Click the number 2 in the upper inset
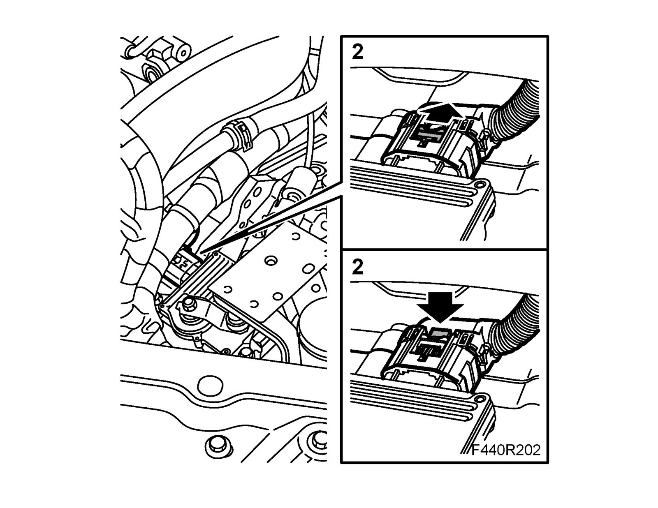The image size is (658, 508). [358, 53]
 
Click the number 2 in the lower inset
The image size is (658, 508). [358, 268]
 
